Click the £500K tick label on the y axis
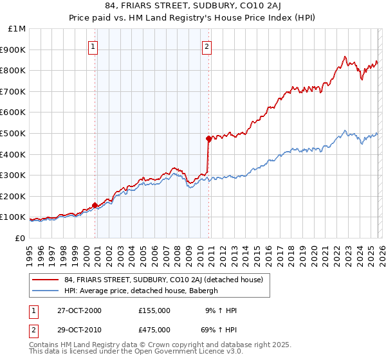click(13, 133)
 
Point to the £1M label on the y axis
click(17, 29)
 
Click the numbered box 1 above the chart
click(93, 46)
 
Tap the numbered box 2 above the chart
click(207, 46)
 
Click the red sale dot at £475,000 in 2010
click(208, 138)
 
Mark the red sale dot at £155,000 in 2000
click(95, 205)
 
